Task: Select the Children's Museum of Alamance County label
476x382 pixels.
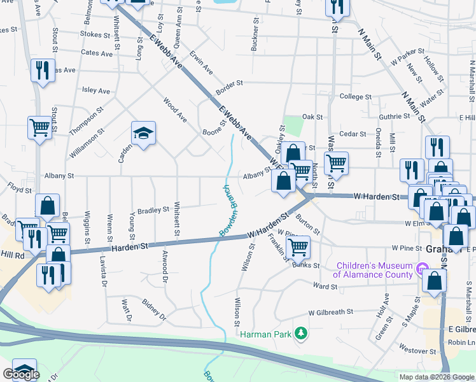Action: pyautogui.click(x=374, y=270)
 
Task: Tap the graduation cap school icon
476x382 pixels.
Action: pyautogui.click(x=143, y=134)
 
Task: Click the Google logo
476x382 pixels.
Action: pyautogui.click(x=21, y=374)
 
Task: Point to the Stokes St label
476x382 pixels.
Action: pyautogui.click(x=96, y=34)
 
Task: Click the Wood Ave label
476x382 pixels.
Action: pyautogui.click(x=175, y=109)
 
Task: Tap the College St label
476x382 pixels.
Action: pyautogui.click(x=355, y=97)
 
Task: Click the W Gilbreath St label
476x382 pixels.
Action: pyautogui.click(x=330, y=313)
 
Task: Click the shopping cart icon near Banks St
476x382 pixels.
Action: pyautogui.click(x=298, y=246)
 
